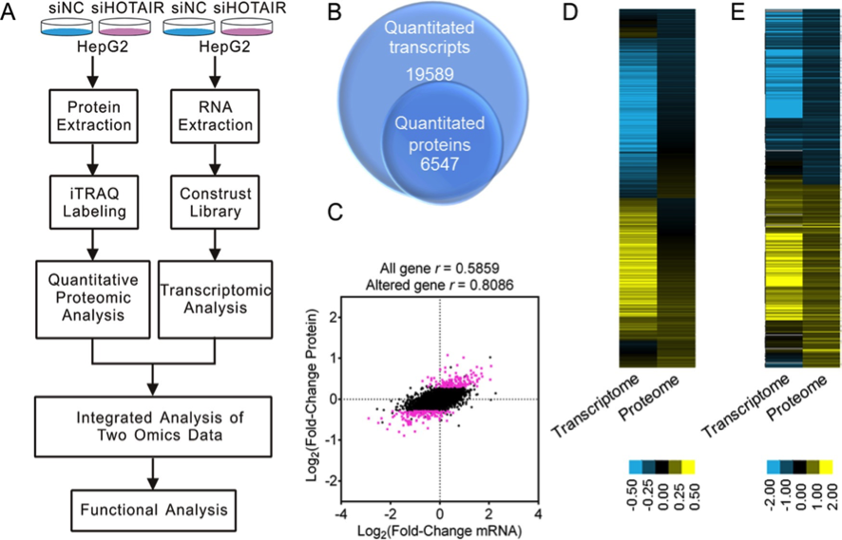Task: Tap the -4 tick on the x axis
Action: click(339, 512)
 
